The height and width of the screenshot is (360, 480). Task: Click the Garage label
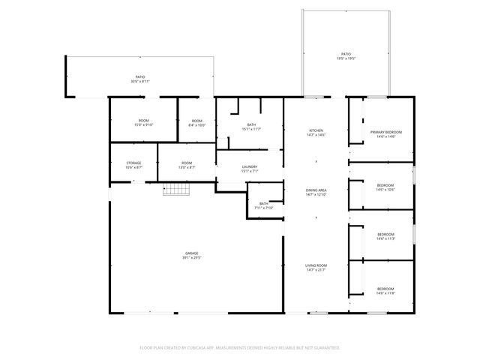click(x=193, y=253)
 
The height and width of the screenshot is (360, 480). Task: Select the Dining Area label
click(x=316, y=191)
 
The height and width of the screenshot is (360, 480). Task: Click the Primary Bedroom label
click(x=382, y=132)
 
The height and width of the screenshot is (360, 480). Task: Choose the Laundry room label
click(x=250, y=167)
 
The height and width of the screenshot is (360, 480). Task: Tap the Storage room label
click(x=133, y=163)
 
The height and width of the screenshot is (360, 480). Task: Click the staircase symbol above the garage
click(x=174, y=190)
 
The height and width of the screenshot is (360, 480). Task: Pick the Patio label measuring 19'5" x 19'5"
click(x=346, y=55)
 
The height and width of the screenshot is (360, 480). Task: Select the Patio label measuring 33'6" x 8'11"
click(x=140, y=78)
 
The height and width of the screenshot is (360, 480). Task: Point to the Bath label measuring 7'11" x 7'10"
click(x=264, y=204)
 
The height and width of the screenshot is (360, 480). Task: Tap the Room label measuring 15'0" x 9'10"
click(x=143, y=122)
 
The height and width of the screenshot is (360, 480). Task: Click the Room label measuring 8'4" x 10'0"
click(x=196, y=122)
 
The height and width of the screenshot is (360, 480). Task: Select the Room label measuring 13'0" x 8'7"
click(x=187, y=163)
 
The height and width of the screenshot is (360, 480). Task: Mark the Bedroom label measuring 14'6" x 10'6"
click(x=385, y=186)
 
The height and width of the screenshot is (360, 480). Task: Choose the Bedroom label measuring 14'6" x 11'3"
click(x=385, y=235)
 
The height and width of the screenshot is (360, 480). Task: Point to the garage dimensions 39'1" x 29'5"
click(x=193, y=257)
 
